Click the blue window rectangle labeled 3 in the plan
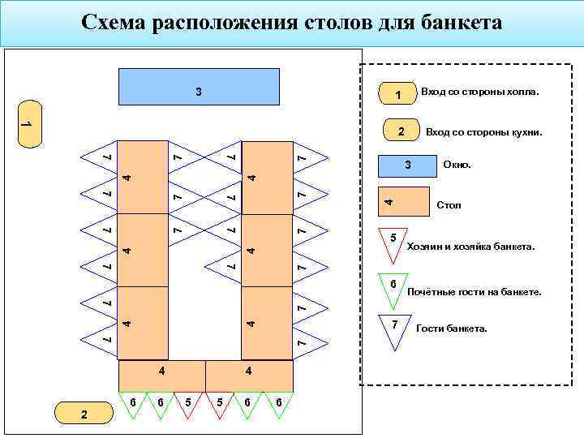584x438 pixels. point(199,88)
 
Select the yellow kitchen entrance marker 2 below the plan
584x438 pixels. point(84,414)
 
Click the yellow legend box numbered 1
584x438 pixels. point(397,96)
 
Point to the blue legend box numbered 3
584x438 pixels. point(409,165)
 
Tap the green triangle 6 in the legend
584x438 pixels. point(393,287)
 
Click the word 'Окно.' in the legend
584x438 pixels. point(457,165)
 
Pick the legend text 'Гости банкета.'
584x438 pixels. point(452,328)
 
